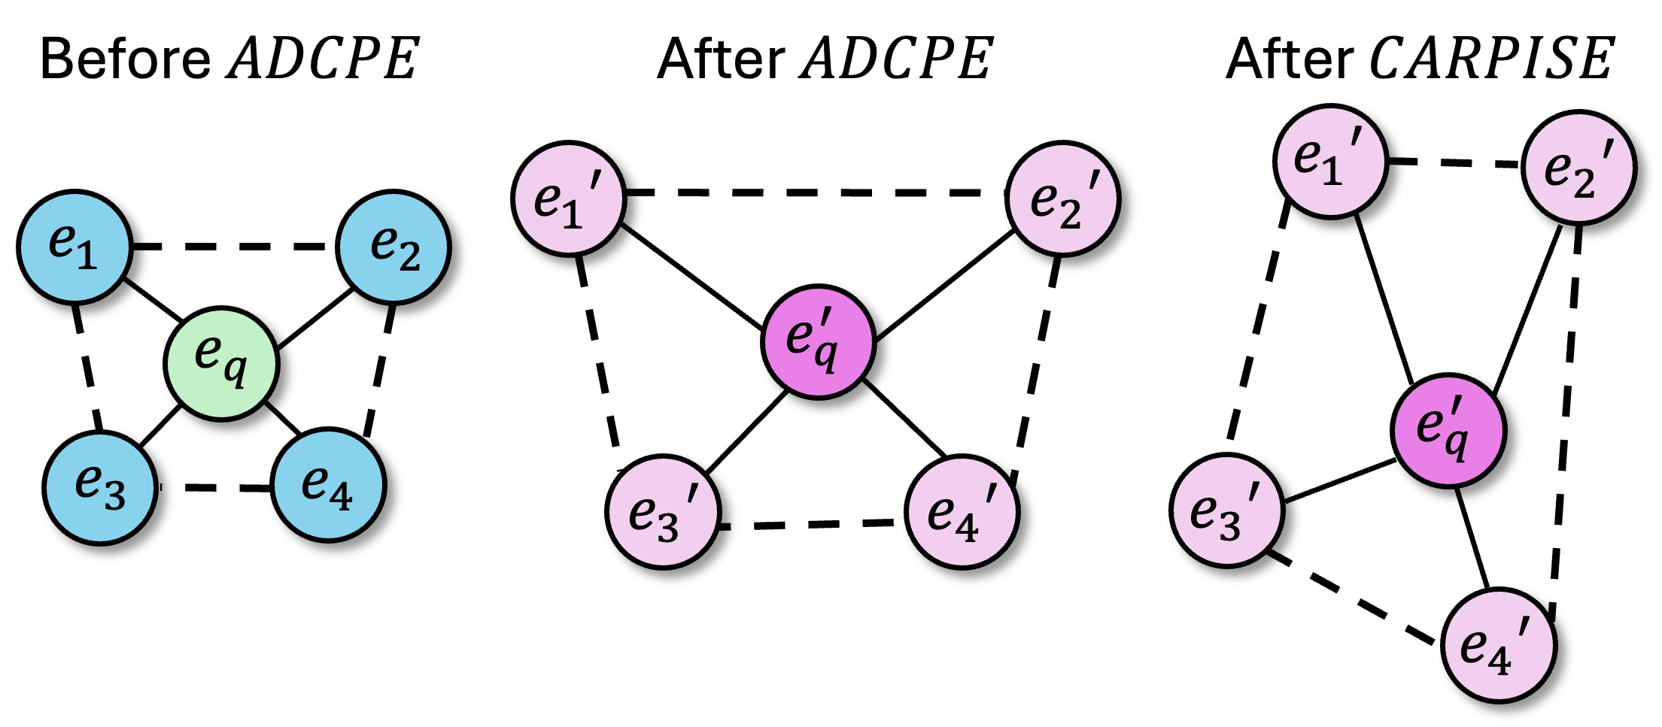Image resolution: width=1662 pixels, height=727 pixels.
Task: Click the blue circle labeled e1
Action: point(74,247)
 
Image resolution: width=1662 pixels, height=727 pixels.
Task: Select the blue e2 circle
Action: point(393,247)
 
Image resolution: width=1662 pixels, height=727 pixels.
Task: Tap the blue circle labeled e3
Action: point(100,487)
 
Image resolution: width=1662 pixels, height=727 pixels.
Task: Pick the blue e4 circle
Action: point(328,485)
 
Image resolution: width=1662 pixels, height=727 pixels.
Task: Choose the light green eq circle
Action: point(221,364)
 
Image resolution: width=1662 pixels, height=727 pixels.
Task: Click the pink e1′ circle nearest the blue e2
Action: point(569,198)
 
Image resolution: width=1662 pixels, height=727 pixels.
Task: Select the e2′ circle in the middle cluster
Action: point(1062,198)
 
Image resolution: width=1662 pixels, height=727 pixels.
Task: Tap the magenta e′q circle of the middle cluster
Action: point(819,342)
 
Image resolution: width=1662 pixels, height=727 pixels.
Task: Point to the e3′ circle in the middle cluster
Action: point(663,512)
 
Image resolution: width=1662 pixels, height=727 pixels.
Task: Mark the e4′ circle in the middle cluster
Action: point(962,512)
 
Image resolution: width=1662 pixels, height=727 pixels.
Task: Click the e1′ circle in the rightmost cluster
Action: point(1331,162)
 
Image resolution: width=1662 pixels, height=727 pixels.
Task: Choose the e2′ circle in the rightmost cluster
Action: point(1579,168)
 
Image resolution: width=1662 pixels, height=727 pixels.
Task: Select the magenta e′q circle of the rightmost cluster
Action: point(1448,431)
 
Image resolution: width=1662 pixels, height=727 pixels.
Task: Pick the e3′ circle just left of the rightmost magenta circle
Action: point(1227,510)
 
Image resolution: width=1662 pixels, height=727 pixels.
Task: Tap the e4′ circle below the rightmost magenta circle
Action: point(1499,645)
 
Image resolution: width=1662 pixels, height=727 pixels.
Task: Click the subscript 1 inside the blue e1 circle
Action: point(87,257)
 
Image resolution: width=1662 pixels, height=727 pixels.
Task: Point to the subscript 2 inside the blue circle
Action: point(409,258)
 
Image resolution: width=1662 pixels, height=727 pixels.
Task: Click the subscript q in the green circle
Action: point(236,371)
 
